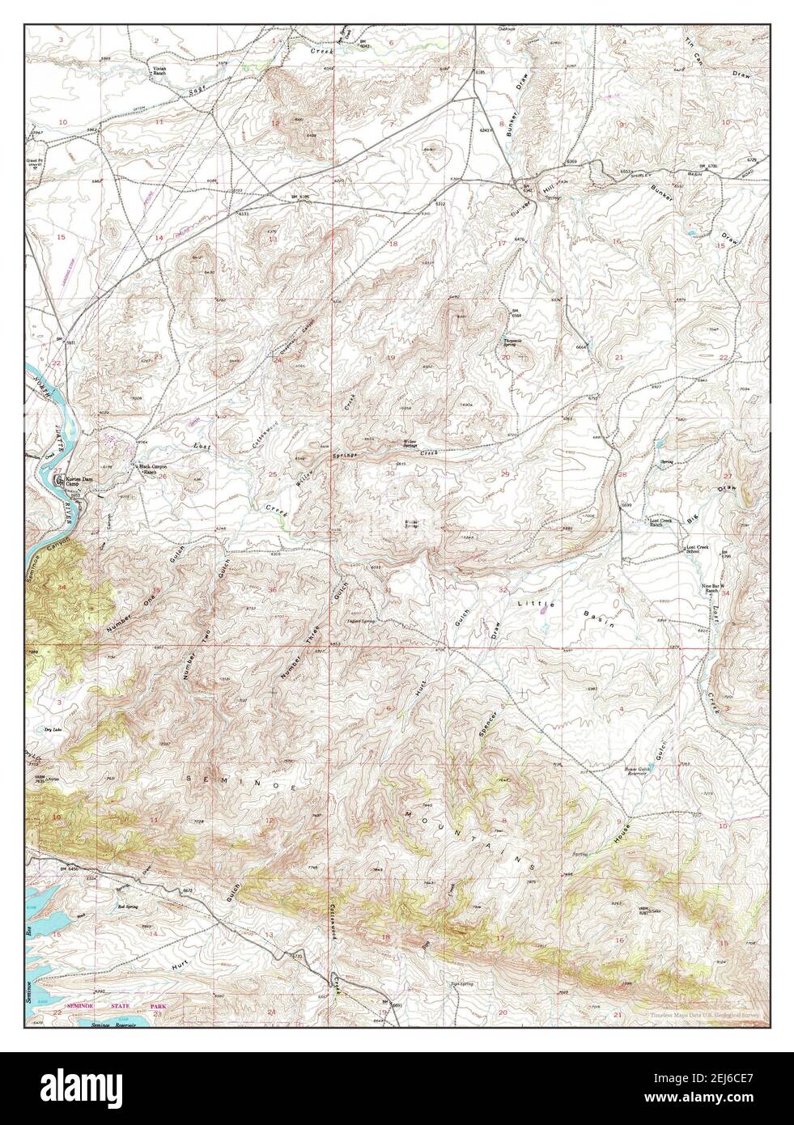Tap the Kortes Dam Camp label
point(76,478)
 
